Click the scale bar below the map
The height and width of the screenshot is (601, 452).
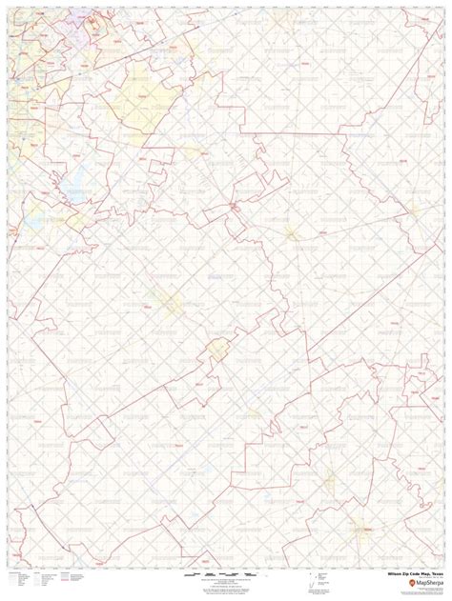(x=225, y=577)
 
